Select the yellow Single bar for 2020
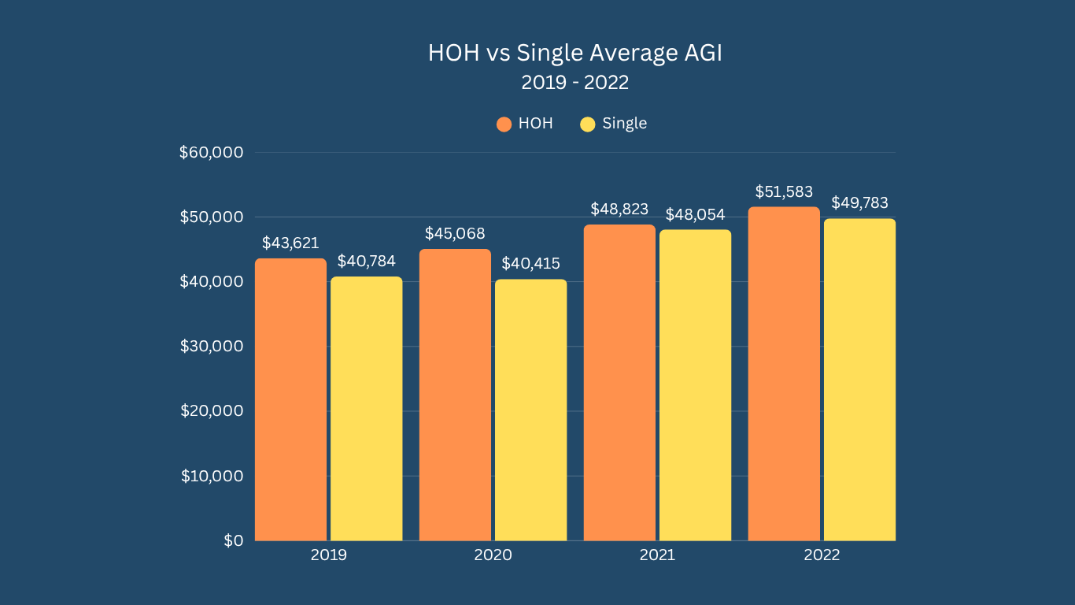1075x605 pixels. pos(530,410)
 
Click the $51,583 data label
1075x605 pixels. pos(784,191)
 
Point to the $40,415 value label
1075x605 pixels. pos(530,263)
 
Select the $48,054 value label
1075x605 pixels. pos(695,214)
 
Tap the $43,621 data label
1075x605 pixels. pos(290,243)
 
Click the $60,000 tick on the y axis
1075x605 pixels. pos(211,152)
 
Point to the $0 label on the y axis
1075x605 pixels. pos(233,540)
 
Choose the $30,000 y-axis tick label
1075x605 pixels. pos(211,346)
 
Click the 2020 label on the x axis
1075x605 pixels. pos(493,555)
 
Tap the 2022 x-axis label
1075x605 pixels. pos(822,555)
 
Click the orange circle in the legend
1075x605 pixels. pos(504,124)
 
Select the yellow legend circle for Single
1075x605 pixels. pos(588,124)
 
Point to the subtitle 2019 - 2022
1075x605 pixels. pos(575,81)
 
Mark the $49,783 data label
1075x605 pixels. pos(859,203)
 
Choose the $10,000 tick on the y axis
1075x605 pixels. pos(211,476)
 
